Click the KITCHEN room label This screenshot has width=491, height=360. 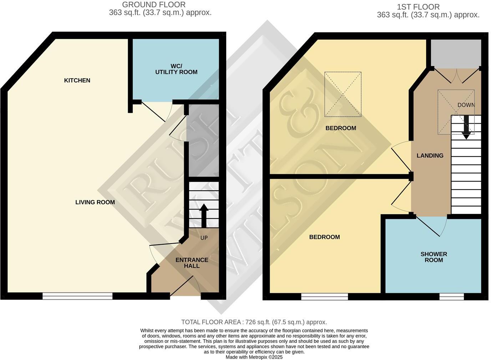pyautogui.click(x=77, y=80)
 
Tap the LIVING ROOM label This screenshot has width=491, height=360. pyautogui.click(x=95, y=202)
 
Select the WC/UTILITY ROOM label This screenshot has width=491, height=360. pyautogui.click(x=176, y=69)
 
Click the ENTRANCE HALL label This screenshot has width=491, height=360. pyautogui.click(x=192, y=263)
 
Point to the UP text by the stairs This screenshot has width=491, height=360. pyautogui.click(x=204, y=238)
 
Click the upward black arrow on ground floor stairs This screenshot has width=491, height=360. pyautogui.click(x=204, y=216)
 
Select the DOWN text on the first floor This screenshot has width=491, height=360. pyautogui.click(x=466, y=105)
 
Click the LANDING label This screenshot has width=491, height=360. pyautogui.click(x=430, y=155)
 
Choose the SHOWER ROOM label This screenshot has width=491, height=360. pyautogui.click(x=434, y=257)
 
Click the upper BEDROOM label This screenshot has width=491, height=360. pyautogui.click(x=340, y=128)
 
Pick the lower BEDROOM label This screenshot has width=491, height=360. pyautogui.click(x=324, y=237)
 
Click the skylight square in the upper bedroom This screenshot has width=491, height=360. pyautogui.click(x=343, y=94)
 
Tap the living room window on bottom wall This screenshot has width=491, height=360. pyautogui.click(x=77, y=296)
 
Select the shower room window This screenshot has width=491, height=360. pyautogui.click(x=451, y=296)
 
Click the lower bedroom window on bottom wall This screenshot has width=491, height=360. pyautogui.click(x=324, y=296)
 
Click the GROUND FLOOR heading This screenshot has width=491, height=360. pyautogui.click(x=154, y=5)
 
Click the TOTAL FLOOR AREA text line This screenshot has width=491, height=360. pyautogui.click(x=254, y=322)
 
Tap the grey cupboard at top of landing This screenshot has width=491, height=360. pyautogui.click(x=456, y=53)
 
